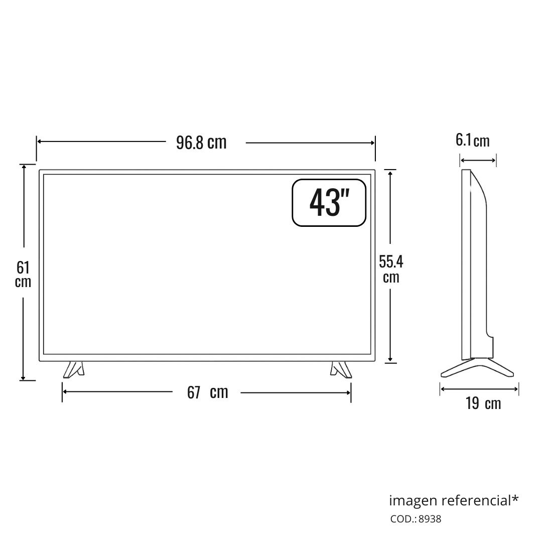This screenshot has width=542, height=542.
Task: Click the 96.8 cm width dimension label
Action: tap(201, 143)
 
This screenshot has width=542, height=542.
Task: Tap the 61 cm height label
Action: tap(23, 275)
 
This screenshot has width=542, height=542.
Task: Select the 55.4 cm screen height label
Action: tap(391, 269)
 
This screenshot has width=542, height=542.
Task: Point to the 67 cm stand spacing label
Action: tap(207, 392)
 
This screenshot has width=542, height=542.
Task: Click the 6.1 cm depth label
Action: tap(473, 141)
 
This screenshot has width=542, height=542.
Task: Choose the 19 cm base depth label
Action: tap(483, 403)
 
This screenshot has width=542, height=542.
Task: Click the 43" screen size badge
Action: tap(329, 203)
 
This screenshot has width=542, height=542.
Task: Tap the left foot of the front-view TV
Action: tap(74, 369)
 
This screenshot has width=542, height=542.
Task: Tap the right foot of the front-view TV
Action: tap(341, 369)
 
